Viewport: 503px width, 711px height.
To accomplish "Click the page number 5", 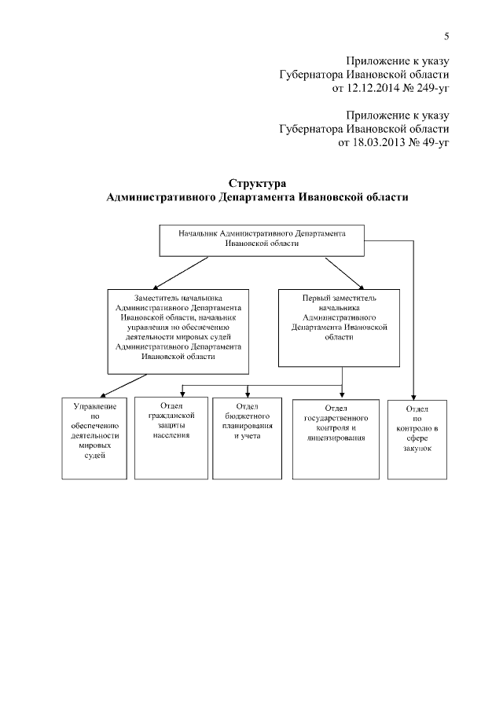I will click(x=446, y=36).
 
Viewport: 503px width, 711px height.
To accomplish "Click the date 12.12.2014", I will click(x=373, y=89).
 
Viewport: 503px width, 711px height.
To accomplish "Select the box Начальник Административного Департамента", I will click(x=262, y=240).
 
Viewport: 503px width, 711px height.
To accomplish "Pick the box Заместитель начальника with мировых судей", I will click(x=178, y=330).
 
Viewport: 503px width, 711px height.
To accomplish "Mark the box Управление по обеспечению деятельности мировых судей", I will click(x=95, y=438).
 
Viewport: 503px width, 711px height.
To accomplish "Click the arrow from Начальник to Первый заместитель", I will click(x=343, y=273).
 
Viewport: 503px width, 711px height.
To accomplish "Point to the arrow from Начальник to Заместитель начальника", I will click(x=182, y=273).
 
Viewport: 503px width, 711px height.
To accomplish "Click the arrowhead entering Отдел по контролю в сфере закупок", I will click(x=415, y=397).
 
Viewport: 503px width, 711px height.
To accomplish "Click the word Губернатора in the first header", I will click(x=310, y=75).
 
